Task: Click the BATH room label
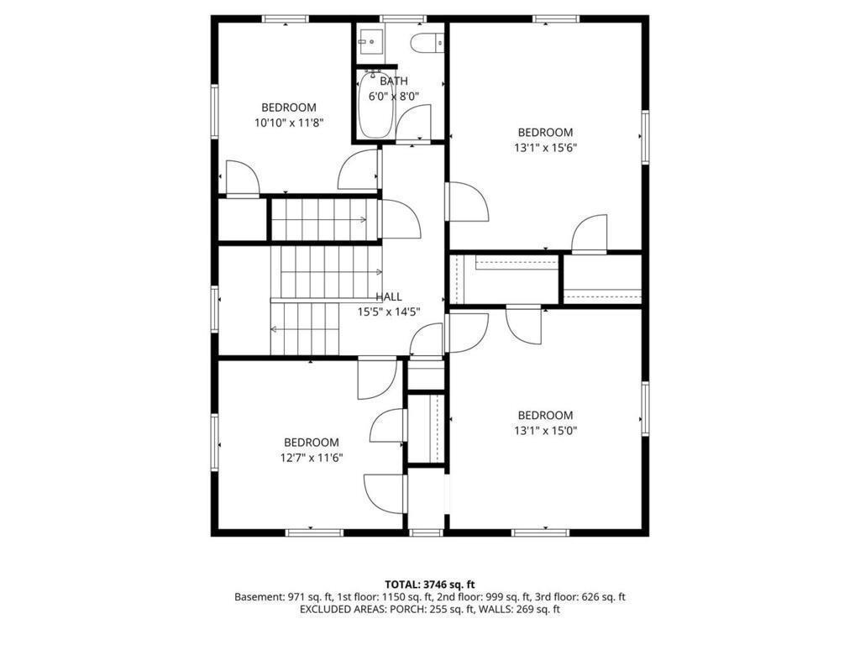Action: coord(394,81)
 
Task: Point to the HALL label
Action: coord(389,296)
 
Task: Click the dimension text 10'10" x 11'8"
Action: coord(289,123)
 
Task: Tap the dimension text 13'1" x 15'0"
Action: coord(545,431)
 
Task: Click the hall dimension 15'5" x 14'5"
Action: coord(389,312)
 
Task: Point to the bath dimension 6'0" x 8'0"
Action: coord(394,96)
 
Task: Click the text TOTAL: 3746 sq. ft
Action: coord(430,584)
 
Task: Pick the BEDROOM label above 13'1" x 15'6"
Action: coord(545,133)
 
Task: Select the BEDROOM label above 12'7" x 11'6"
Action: coord(312,443)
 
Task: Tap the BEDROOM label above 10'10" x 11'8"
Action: coord(289,107)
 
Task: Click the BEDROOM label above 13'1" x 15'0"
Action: coord(545,416)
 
